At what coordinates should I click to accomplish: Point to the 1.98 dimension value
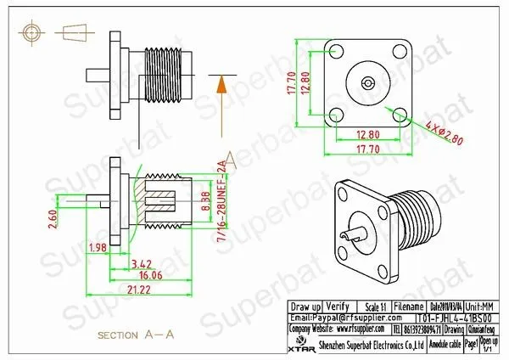(x=98, y=247)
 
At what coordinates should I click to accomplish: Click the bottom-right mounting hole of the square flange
(x=400, y=113)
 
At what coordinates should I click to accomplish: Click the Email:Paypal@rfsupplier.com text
(x=335, y=315)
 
